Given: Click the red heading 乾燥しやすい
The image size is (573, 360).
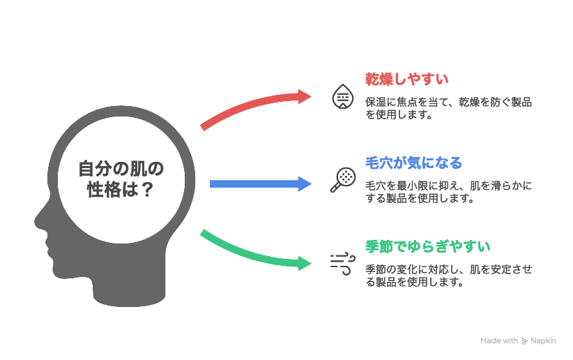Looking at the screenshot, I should pyautogui.click(x=406, y=79).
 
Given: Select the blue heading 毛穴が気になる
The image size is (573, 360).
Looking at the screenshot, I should pyautogui.click(x=413, y=163).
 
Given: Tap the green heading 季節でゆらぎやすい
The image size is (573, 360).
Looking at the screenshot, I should pyautogui.click(x=427, y=247).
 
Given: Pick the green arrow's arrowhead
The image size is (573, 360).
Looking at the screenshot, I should pyautogui.click(x=306, y=264).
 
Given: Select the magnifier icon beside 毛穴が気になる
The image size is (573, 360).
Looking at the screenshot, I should pyautogui.click(x=342, y=180).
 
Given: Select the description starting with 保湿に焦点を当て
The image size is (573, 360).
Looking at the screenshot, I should pyautogui.click(x=448, y=108).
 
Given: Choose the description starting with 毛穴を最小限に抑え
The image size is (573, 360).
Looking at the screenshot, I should pyautogui.click(x=448, y=192).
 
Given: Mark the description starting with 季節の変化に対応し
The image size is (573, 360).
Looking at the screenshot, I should pyautogui.click(x=448, y=276).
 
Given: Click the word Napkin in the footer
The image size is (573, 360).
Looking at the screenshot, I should pyautogui.click(x=543, y=341).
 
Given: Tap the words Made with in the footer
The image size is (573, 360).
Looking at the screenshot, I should pyautogui.click(x=499, y=341).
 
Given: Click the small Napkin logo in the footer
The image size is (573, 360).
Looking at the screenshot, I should pyautogui.click(x=524, y=341).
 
